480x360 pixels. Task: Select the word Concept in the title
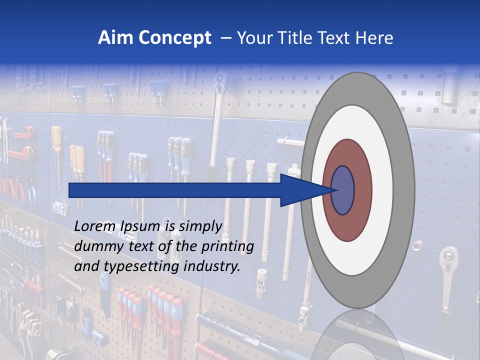pos(174,38)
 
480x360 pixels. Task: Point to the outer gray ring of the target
pos(403,190)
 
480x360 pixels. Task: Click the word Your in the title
pos(252,38)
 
